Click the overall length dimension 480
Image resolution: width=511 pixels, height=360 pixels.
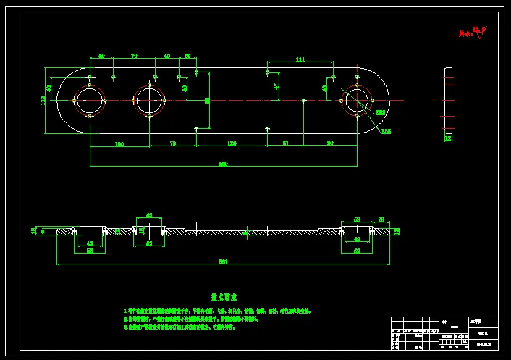[x=223, y=164]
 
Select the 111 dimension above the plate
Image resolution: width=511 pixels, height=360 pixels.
[x=300, y=60]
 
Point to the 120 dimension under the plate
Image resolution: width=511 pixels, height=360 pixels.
[x=232, y=143]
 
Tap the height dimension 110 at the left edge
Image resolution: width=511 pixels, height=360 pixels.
[x=43, y=100]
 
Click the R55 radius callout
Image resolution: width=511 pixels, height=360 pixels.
[x=386, y=131]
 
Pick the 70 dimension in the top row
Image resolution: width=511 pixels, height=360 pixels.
[x=135, y=56]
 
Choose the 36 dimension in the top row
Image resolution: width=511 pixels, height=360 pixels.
[x=187, y=56]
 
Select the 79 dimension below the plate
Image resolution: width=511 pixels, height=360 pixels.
[x=172, y=143]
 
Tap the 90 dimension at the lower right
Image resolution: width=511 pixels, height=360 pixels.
[x=330, y=143]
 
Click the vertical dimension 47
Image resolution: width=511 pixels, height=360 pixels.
[x=276, y=85]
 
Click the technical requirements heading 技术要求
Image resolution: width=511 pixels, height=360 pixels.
[x=224, y=297]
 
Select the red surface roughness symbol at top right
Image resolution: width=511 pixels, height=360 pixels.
[x=478, y=33]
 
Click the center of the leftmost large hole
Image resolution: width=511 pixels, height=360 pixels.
[x=90, y=100]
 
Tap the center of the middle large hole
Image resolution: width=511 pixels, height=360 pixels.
[x=149, y=100]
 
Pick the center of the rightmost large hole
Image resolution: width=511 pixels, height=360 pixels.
[x=357, y=100]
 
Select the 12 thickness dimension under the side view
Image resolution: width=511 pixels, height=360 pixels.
[x=447, y=137]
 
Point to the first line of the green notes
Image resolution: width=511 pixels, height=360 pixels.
[x=217, y=311]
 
